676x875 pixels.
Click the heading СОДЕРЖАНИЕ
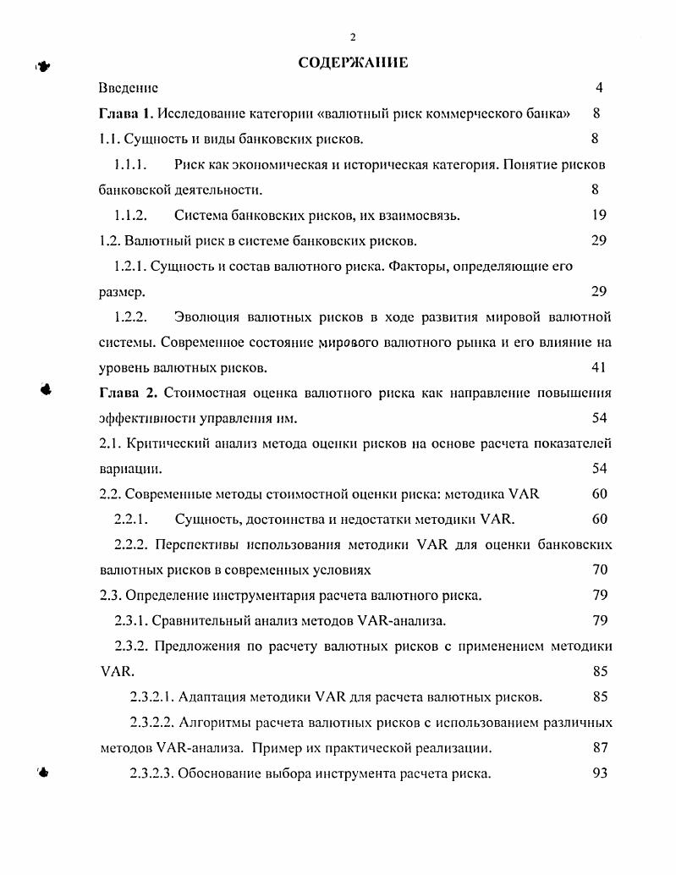pyautogui.click(x=353, y=63)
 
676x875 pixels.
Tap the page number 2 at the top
pyautogui.click(x=353, y=36)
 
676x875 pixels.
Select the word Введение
pyautogui.click(x=128, y=88)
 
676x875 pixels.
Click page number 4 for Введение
pyautogui.click(x=599, y=88)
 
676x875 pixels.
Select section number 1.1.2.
pyautogui.click(x=131, y=215)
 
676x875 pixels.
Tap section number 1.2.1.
pyautogui.click(x=130, y=266)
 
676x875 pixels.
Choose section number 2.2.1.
pyautogui.click(x=132, y=519)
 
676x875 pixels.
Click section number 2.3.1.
pyautogui.click(x=131, y=620)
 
